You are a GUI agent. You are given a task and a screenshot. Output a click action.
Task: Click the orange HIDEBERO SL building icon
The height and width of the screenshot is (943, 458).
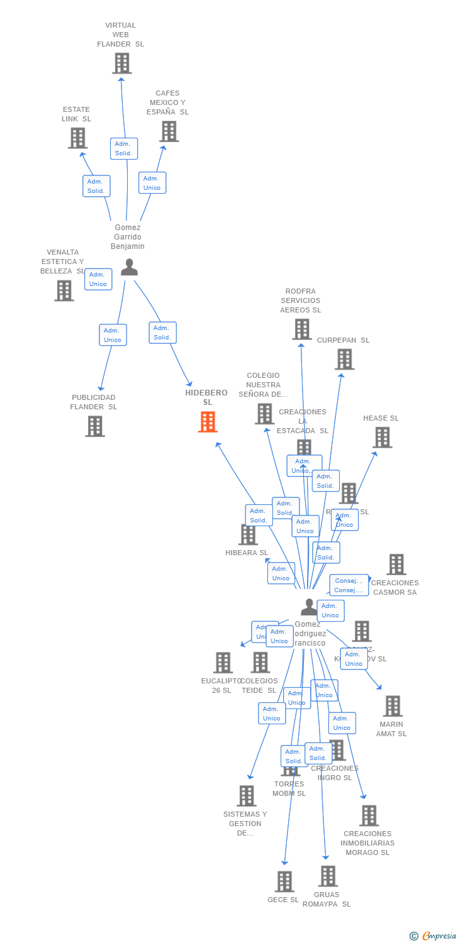(208, 422)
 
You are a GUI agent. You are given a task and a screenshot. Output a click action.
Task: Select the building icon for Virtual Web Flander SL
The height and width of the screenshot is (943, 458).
(121, 63)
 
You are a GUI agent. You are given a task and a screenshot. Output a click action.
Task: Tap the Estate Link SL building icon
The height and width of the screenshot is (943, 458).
(77, 138)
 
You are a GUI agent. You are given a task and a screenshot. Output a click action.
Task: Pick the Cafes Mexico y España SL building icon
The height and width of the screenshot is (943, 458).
(169, 131)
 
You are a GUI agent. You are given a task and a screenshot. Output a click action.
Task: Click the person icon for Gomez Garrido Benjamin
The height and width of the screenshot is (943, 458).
(129, 268)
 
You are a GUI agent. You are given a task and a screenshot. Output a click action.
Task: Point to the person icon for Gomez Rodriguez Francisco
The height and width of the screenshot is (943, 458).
(309, 607)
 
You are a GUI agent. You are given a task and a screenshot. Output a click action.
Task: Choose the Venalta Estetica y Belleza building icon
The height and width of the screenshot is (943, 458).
(64, 290)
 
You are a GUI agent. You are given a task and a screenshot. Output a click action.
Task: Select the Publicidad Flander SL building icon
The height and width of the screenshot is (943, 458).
(95, 426)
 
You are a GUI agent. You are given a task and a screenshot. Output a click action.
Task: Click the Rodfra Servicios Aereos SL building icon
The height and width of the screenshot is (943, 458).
(302, 329)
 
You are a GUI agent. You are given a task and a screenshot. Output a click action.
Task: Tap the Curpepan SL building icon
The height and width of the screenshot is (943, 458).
(345, 359)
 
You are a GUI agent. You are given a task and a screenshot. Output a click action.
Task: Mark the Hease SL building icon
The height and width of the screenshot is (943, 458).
(383, 437)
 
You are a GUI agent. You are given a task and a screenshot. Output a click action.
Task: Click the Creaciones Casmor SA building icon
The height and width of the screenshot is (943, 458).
(396, 565)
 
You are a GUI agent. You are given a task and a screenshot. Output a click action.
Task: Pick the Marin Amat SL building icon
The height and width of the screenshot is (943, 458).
(393, 706)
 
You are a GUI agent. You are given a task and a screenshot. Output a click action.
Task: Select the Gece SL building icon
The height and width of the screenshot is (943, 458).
(284, 881)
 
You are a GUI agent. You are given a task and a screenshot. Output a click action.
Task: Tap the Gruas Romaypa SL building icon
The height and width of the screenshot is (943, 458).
(328, 876)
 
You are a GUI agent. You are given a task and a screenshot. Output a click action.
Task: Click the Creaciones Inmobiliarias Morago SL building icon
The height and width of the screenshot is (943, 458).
(369, 815)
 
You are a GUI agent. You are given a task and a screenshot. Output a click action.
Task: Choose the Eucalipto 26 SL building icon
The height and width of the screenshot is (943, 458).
(223, 663)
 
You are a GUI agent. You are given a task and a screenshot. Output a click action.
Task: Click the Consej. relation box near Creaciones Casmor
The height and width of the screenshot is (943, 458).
(349, 585)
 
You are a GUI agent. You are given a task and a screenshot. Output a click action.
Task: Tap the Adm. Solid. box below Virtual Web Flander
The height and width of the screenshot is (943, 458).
(124, 148)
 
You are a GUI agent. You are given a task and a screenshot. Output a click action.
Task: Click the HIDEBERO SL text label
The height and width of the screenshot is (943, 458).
(206, 397)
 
